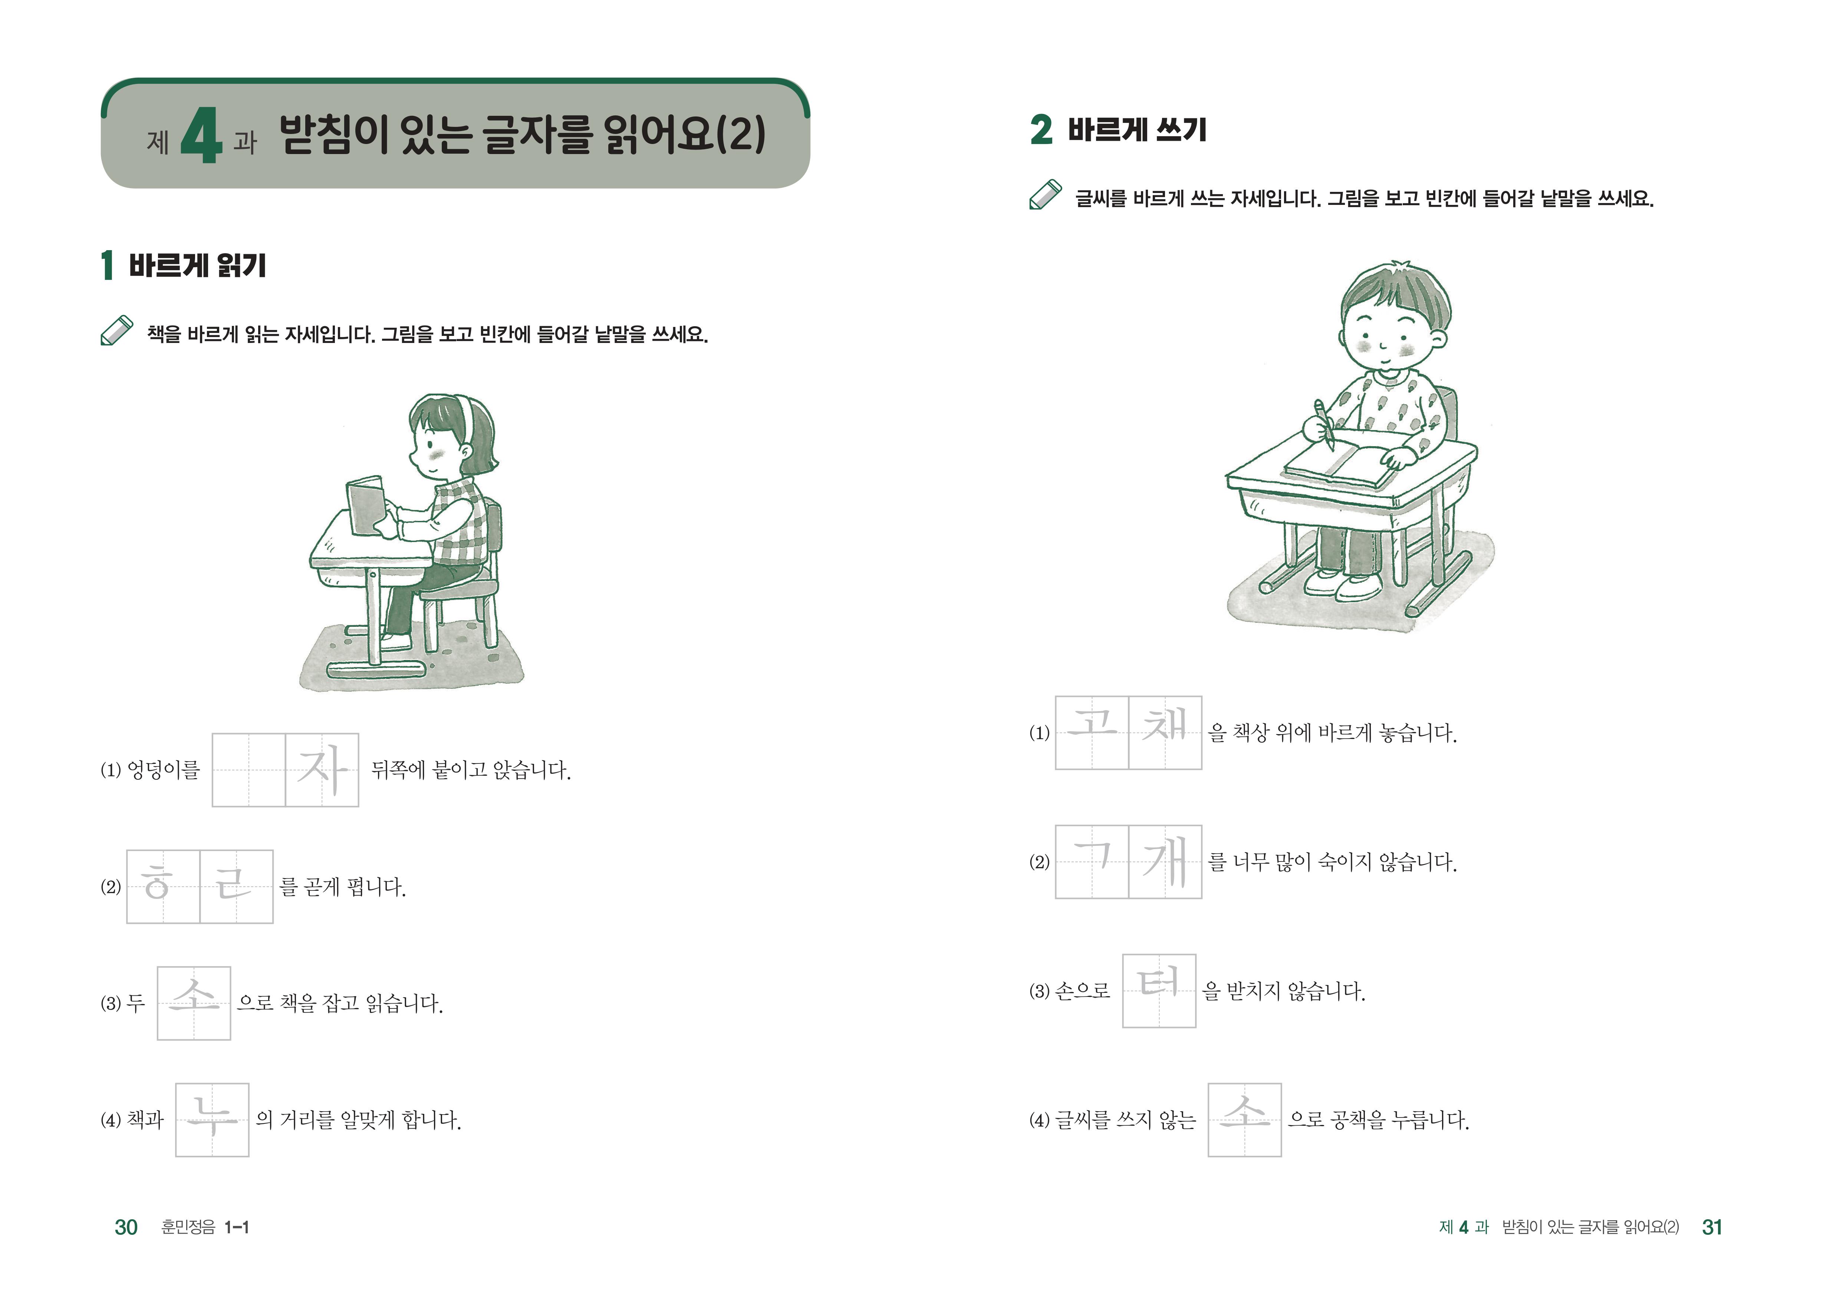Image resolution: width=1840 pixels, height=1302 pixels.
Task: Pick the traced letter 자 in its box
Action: (322, 770)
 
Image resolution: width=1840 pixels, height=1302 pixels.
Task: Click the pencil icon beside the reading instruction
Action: (117, 330)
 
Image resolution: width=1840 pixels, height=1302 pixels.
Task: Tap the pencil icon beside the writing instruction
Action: (1046, 194)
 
